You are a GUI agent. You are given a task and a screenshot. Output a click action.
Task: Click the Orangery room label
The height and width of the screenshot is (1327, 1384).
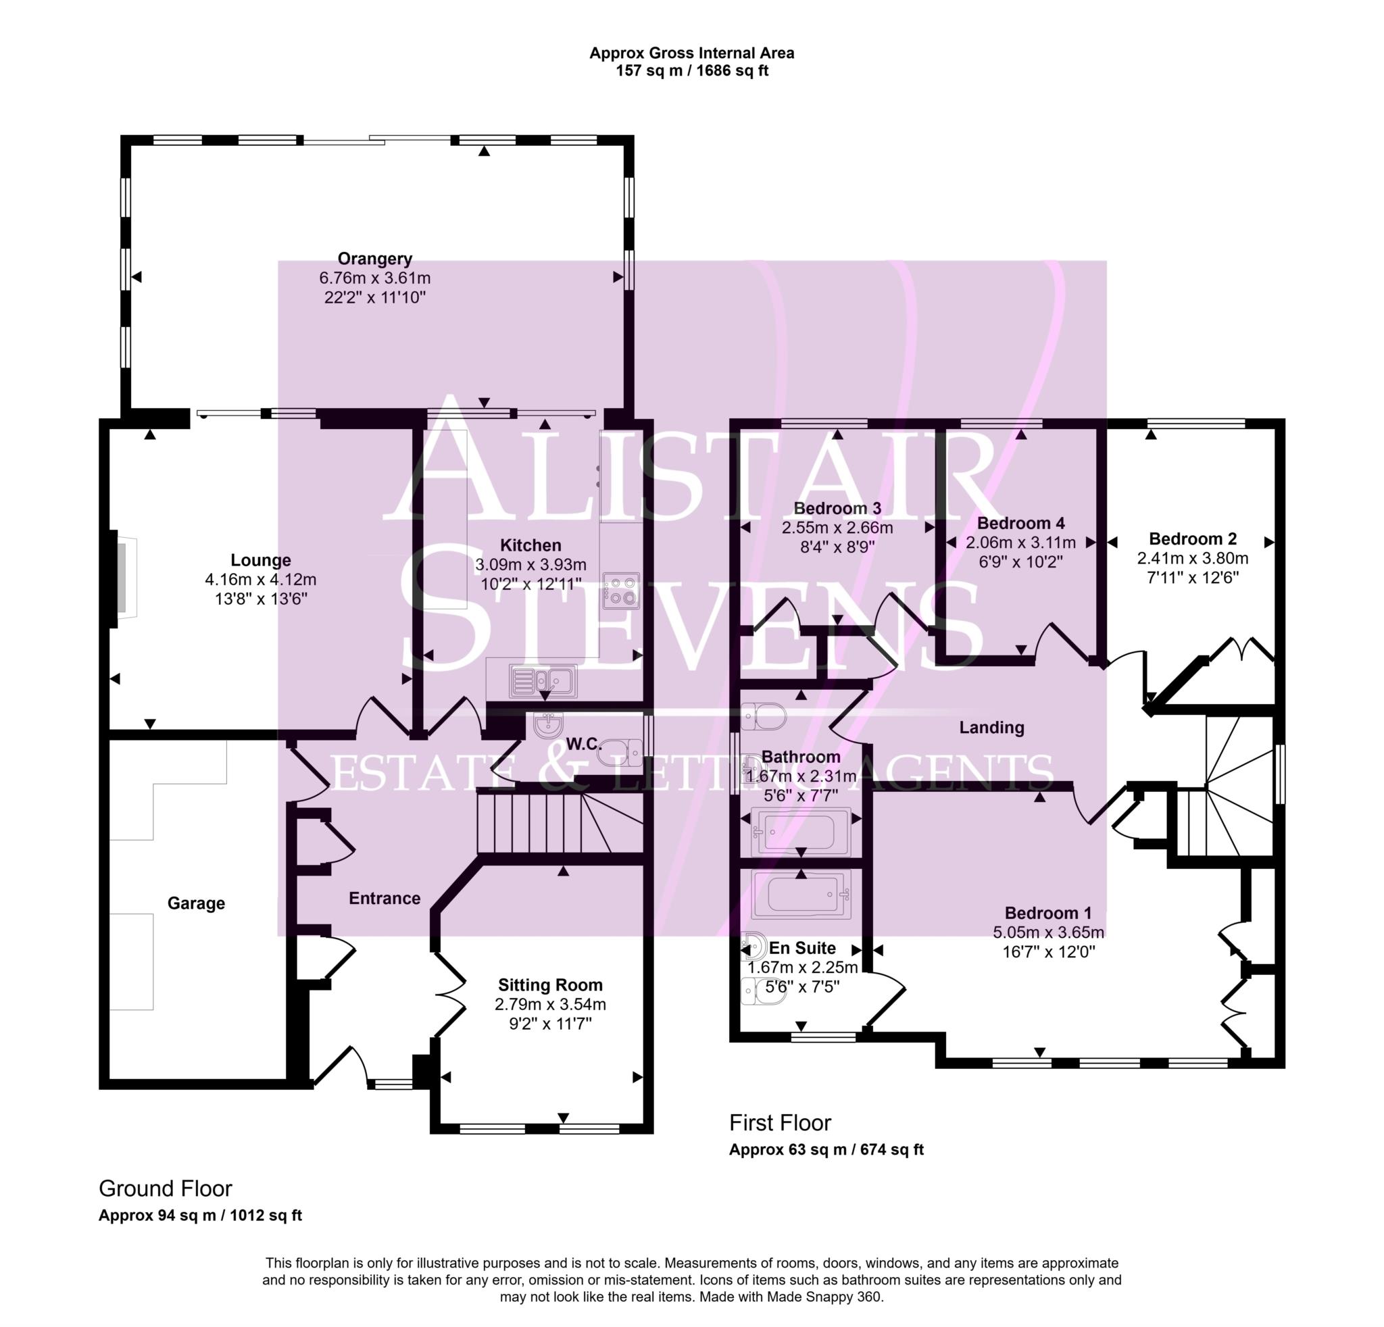tap(374, 259)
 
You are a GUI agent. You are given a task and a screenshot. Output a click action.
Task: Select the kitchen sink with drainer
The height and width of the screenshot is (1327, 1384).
tap(543, 681)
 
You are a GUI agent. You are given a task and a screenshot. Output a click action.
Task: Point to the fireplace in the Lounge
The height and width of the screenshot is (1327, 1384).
tap(124, 578)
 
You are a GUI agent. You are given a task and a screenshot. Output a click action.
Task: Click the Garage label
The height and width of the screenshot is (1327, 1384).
tap(195, 903)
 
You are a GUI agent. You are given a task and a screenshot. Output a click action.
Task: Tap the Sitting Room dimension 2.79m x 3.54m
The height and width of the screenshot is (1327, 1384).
tap(550, 1005)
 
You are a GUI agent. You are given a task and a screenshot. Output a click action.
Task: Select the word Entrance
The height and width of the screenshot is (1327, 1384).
tap(384, 899)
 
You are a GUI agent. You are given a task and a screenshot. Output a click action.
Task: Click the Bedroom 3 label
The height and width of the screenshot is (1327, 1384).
tap(837, 508)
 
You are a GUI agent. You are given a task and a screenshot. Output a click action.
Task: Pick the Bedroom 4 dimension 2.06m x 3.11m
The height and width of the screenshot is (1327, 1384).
tap(1020, 543)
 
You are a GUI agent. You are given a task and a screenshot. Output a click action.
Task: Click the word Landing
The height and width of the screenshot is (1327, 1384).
tap(991, 728)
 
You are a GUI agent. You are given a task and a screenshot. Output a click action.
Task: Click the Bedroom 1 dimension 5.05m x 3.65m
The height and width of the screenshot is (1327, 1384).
tap(1048, 932)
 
